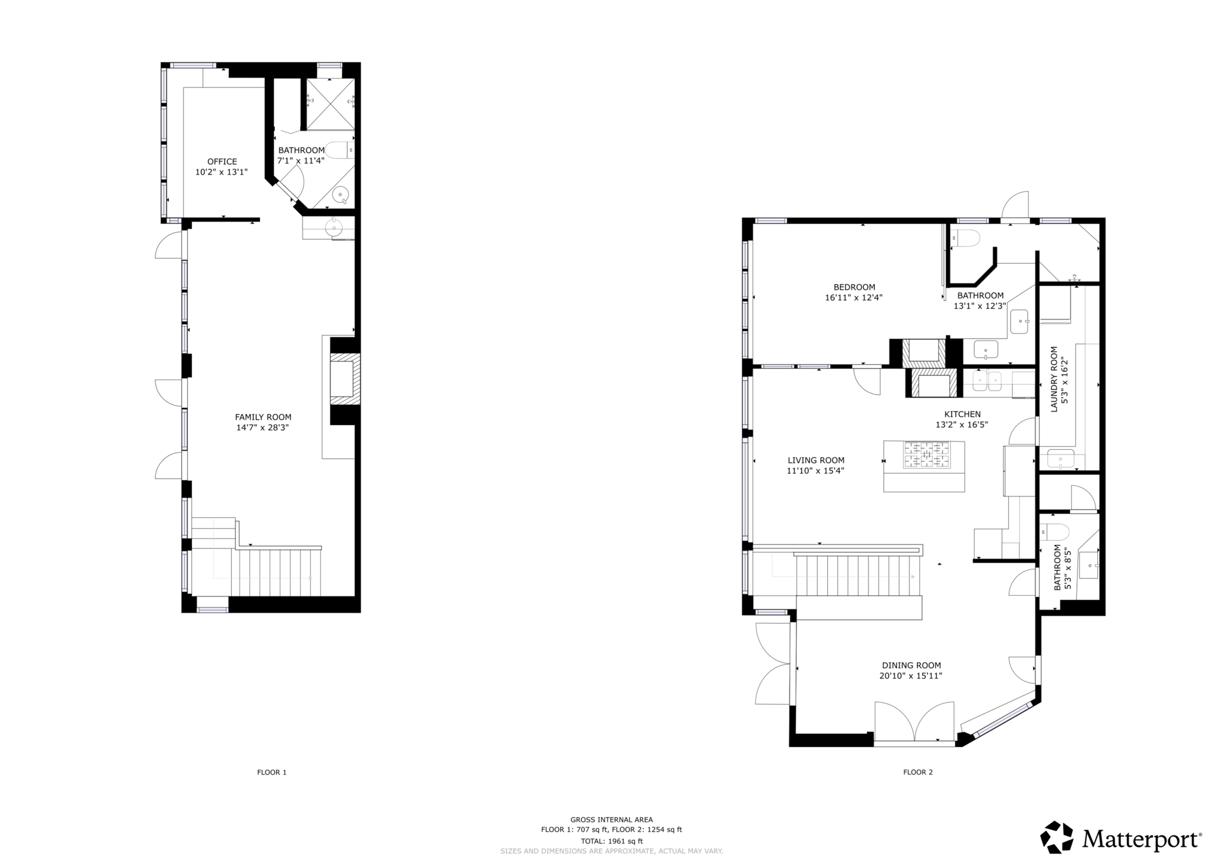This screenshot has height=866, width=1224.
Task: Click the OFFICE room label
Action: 222,161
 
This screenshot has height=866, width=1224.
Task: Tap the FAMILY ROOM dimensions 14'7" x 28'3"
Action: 262,428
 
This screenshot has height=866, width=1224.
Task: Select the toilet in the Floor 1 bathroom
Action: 340,150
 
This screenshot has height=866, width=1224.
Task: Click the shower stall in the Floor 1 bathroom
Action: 330,103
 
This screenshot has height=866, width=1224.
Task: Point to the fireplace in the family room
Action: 343,380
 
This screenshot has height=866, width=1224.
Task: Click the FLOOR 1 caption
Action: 272,772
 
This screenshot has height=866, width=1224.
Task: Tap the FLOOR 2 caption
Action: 917,772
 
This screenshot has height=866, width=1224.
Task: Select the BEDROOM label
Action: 854,287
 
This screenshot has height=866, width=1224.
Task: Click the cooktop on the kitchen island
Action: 926,454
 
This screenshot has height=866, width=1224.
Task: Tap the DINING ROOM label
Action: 911,665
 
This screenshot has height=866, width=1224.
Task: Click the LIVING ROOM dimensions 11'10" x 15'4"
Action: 815,471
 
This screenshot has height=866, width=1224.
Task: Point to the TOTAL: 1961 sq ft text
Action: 611,841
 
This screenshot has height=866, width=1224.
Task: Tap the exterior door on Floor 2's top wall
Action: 1015,208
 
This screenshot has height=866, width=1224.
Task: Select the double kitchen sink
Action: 987,381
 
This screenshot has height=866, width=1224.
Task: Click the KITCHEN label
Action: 962,414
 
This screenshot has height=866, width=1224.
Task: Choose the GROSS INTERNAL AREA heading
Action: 611,819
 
